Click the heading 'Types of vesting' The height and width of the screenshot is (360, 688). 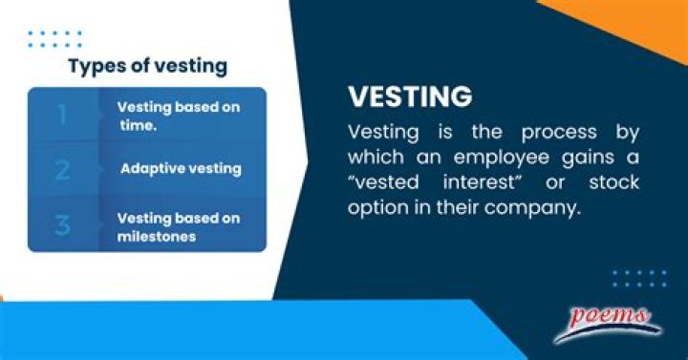pyautogui.click(x=147, y=66)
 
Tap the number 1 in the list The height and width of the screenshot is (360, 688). pyautogui.click(x=62, y=116)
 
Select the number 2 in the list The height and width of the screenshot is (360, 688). pyautogui.click(x=62, y=170)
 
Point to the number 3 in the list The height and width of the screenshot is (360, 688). pyautogui.click(x=62, y=226)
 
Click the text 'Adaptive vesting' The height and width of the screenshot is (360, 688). pyautogui.click(x=181, y=169)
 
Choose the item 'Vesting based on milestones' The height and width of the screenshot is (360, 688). pyautogui.click(x=178, y=227)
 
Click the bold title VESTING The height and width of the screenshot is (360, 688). pyautogui.click(x=410, y=97)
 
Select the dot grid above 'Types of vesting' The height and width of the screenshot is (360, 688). pyautogui.click(x=54, y=38)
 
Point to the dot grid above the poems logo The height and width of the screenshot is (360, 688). pyautogui.click(x=638, y=278)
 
